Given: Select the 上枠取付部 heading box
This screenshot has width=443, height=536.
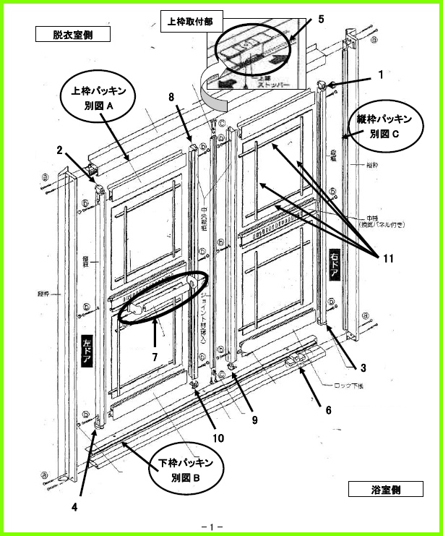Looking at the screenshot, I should point(189,22).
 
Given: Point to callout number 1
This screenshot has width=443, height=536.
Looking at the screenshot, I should point(381,73).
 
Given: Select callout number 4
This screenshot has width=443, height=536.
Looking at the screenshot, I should point(74,506).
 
